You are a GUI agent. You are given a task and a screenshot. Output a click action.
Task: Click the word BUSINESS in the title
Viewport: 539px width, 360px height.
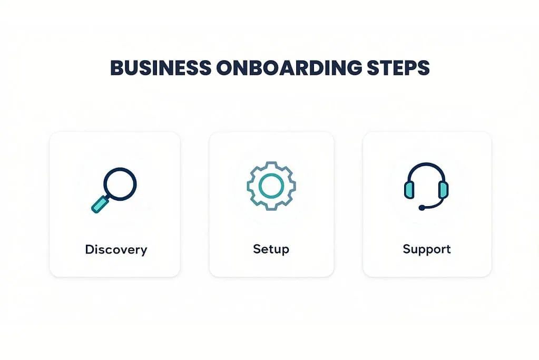tap(161, 68)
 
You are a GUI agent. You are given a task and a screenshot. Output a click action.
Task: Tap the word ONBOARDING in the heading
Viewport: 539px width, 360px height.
tap(289, 68)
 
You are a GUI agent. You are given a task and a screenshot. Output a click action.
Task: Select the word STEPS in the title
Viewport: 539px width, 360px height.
tap(398, 68)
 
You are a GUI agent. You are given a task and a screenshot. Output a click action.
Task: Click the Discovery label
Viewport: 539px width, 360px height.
tap(116, 250)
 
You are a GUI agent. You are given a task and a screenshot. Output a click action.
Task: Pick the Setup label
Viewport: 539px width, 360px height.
tap(271, 249)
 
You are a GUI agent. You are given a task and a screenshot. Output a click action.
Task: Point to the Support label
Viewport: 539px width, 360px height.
tap(427, 249)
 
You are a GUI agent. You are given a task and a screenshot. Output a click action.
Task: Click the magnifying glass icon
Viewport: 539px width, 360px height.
tap(114, 190)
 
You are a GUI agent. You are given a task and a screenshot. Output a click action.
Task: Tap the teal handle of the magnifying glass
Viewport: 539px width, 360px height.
tap(100, 204)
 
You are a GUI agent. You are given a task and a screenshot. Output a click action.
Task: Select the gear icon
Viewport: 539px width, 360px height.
tap(271, 186)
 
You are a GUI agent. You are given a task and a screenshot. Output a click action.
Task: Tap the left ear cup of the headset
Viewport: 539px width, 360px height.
tap(409, 190)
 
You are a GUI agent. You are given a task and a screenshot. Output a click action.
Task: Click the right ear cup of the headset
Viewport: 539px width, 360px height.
tap(444, 190)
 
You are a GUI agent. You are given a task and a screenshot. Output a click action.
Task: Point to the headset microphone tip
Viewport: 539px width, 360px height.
tap(422, 208)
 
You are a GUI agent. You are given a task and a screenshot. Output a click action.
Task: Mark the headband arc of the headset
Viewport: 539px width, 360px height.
tap(426, 164)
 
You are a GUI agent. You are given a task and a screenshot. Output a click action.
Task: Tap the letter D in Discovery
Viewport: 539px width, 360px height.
tap(90, 249)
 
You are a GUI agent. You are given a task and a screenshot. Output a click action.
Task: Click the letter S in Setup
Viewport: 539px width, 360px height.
tap(257, 249)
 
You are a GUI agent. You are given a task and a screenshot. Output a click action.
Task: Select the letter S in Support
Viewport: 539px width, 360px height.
tap(407, 249)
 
